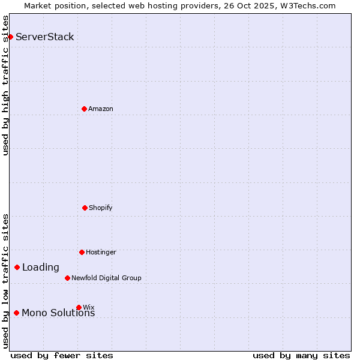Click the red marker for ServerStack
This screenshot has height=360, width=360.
[x=10, y=37]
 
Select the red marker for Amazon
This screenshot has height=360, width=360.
[x=84, y=109]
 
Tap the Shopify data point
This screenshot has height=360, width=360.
[x=85, y=208]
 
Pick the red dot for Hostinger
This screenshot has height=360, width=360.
[x=82, y=252]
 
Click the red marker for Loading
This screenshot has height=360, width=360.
[x=17, y=267]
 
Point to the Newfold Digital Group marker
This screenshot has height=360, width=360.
[x=67, y=278]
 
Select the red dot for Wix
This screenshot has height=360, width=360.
[x=79, y=307]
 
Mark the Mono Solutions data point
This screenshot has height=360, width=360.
[x=16, y=313]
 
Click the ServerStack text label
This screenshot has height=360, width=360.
[x=45, y=37]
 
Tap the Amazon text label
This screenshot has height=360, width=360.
[x=101, y=109]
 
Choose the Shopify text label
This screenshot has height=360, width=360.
[x=101, y=208]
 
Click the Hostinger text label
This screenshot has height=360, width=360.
[x=101, y=252]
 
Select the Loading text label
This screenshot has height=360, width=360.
[x=41, y=268]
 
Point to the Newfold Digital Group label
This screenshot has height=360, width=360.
[x=106, y=278]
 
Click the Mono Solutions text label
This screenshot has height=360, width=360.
[x=58, y=313]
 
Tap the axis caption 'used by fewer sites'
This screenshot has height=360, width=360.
[x=62, y=355]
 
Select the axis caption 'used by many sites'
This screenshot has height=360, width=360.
[x=301, y=355]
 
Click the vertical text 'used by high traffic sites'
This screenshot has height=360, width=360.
[x=5, y=86]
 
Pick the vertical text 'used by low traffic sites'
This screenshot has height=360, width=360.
[x=5, y=281]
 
